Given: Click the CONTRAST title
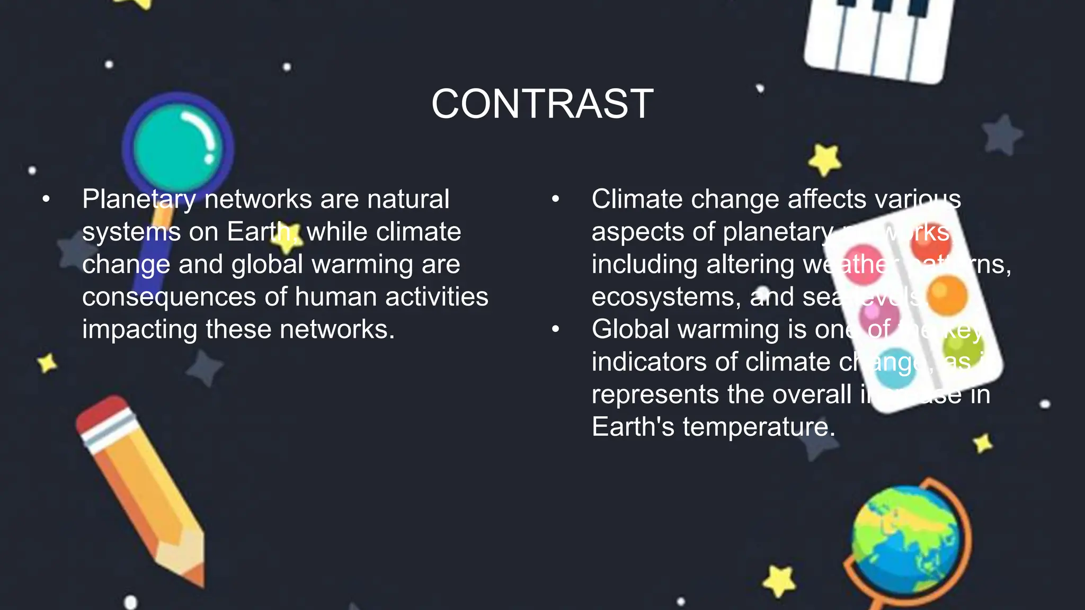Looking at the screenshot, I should pyautogui.click(x=542, y=104).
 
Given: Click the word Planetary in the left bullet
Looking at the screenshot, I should pyautogui.click(x=139, y=200).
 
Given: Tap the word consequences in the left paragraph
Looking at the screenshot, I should pyautogui.click(x=169, y=297).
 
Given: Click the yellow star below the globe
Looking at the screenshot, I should pyautogui.click(x=779, y=581).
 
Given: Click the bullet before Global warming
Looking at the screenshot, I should pyautogui.click(x=555, y=329).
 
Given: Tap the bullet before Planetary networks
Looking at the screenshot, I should pyautogui.click(x=46, y=200).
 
